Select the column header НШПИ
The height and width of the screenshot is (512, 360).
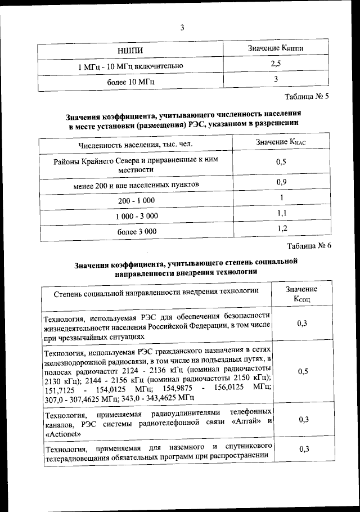point(130,51)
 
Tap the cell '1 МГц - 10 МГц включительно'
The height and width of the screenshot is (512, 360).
point(130,66)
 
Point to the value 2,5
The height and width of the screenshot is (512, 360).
point(276,65)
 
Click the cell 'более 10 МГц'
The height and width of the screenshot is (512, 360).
point(130,82)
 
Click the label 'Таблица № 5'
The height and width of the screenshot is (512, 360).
point(307,96)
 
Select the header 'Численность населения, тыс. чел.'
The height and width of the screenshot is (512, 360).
point(136,145)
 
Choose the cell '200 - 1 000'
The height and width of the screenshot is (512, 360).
point(136,200)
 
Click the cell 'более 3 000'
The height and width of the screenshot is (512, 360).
point(136,231)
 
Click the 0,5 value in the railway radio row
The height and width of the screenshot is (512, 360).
point(303,372)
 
